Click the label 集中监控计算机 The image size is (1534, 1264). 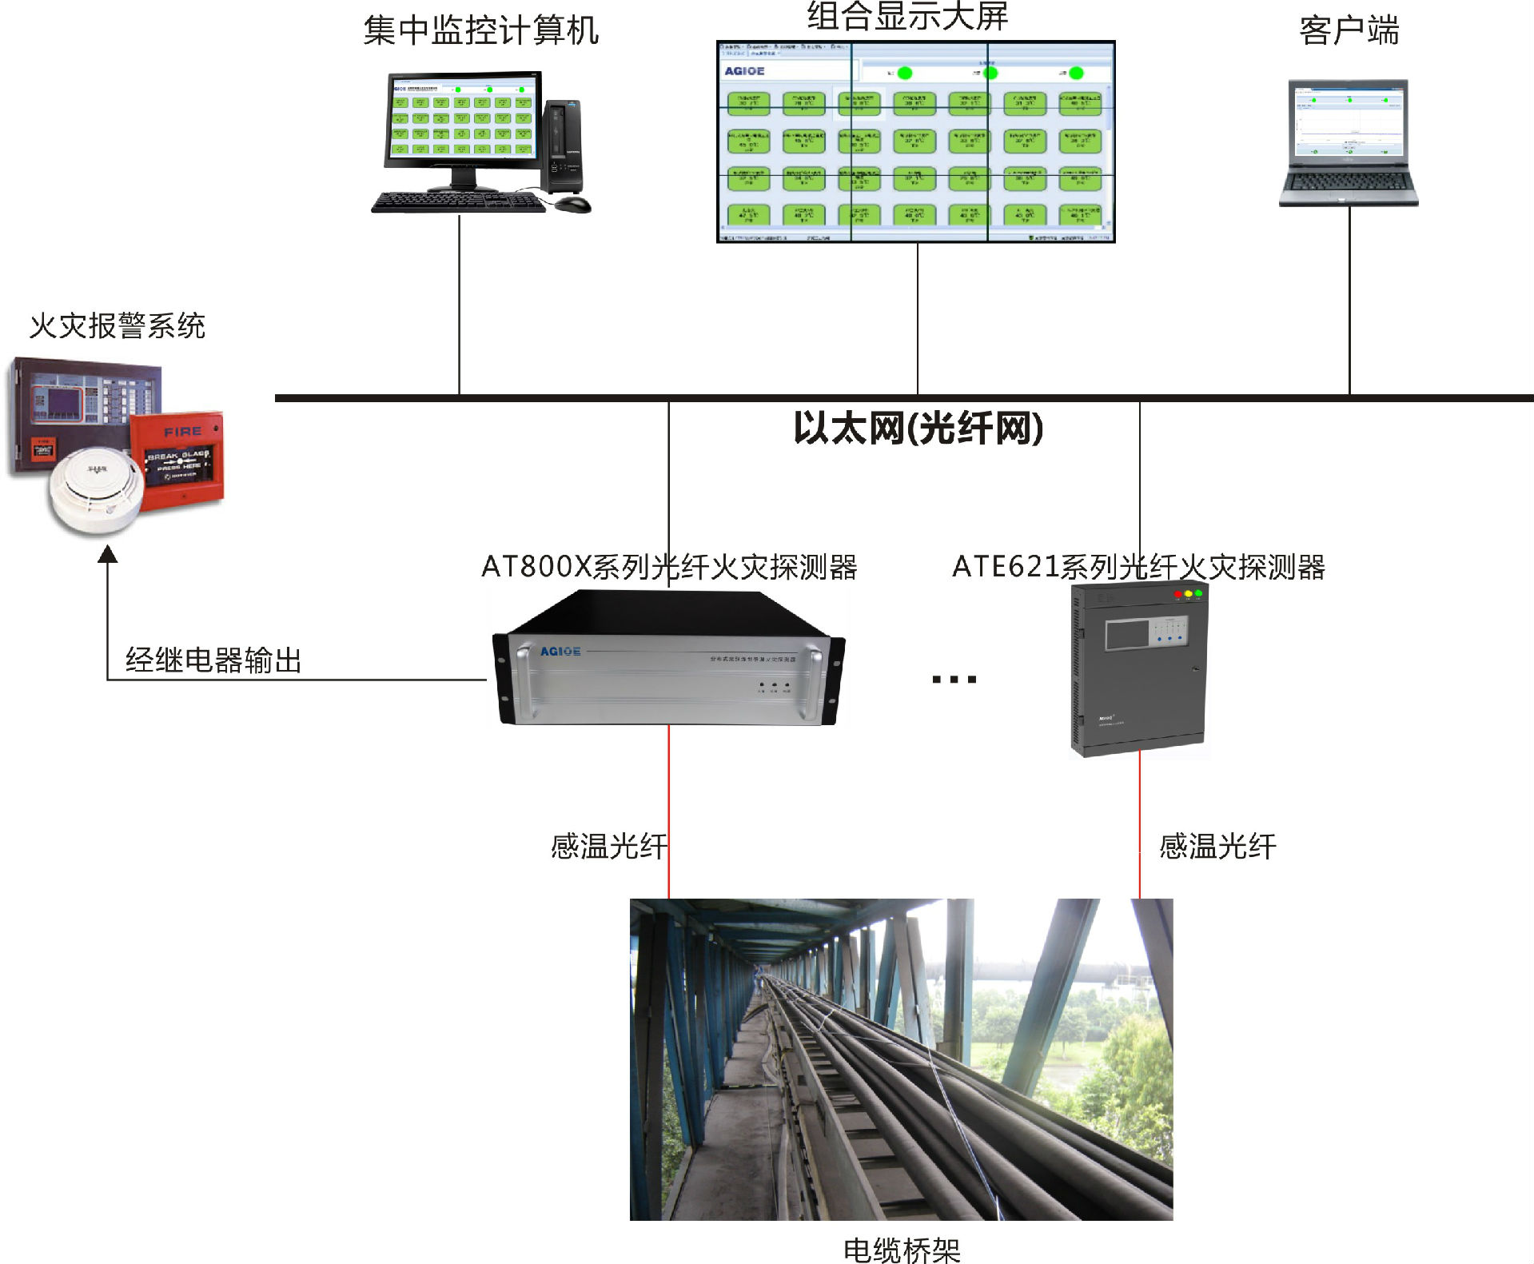click(480, 30)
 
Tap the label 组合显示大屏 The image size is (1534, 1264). click(906, 16)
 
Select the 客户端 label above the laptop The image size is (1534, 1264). click(1349, 30)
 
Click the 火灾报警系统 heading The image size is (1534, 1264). click(118, 325)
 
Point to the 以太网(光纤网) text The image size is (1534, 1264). click(918, 428)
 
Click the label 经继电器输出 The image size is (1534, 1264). click(213, 660)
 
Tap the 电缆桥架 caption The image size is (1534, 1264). click(902, 1250)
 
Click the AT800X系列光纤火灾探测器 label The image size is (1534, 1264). click(669, 567)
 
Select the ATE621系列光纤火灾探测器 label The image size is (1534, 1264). click(1138, 567)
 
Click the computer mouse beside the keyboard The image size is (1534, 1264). click(572, 205)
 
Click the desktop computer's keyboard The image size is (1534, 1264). click(459, 202)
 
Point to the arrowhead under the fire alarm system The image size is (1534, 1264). click(108, 553)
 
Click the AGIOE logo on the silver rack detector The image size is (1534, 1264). click(560, 652)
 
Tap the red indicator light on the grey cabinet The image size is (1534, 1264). click(1177, 594)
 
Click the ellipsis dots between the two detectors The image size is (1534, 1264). click(954, 680)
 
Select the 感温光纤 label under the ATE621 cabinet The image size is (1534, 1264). click(1217, 846)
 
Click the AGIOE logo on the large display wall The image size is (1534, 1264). click(744, 71)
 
